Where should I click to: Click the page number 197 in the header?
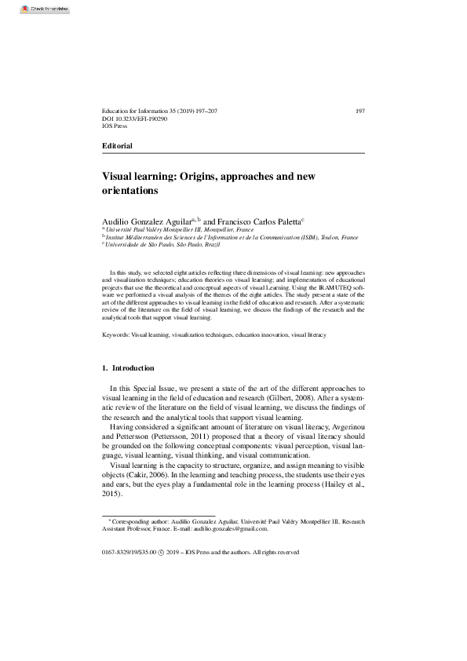[359, 111]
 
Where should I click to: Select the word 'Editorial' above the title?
[118, 146]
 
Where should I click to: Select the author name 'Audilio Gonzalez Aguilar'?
[148, 222]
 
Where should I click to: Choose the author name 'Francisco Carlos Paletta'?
[257, 222]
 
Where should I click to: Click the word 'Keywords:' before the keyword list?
[116, 334]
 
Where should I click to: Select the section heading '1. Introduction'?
[129, 368]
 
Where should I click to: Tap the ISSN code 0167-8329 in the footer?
[118, 552]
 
